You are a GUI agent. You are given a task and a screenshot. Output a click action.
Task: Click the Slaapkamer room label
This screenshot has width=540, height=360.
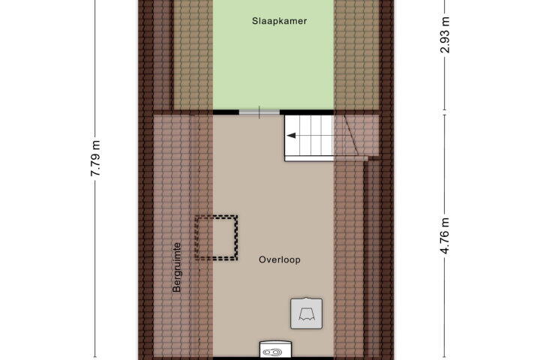point(279,21)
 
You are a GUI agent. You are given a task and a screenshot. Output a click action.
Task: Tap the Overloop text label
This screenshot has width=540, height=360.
point(280,259)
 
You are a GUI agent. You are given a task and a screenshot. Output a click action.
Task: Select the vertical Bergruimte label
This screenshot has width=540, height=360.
point(177,268)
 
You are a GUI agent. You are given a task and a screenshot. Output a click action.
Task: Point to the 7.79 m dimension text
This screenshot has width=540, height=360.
point(95,158)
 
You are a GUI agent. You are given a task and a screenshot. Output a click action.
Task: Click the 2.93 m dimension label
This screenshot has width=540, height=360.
point(445,34)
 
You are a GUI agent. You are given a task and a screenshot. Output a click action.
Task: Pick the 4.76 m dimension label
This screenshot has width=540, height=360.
point(445,236)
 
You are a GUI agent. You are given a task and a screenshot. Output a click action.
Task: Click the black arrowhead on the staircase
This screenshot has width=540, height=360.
point(291,136)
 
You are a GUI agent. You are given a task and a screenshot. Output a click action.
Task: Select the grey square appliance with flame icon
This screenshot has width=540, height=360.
point(307,313)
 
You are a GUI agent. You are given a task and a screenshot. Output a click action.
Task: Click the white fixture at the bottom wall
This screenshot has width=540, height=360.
point(275,349)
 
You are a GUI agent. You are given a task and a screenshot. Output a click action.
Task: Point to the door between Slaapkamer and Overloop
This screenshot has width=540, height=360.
point(259,112)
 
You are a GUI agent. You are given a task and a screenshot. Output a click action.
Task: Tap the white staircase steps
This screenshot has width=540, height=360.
point(309,136)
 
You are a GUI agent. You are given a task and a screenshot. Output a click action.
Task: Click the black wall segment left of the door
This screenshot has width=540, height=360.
point(226,112)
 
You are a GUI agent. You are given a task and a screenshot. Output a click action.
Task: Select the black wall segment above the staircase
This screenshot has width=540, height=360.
point(307,112)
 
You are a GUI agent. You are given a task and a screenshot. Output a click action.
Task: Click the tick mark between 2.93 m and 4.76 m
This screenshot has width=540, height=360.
point(445,112)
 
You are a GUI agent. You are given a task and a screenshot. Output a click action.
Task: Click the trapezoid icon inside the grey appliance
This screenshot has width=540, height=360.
point(307,314)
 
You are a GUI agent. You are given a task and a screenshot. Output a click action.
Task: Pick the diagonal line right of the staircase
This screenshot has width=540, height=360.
point(352,136)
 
